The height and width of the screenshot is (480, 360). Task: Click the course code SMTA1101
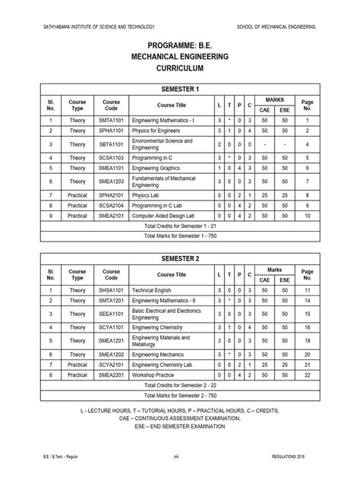point(112,120)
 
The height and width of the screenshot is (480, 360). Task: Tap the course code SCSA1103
point(112,157)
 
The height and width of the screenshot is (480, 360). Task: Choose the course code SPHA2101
point(112,194)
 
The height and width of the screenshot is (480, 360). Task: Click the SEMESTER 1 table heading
point(180,88)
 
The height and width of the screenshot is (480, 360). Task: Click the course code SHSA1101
point(112,290)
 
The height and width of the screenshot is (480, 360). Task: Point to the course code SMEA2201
point(112,375)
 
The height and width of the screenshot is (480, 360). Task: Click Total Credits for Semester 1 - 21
point(180,226)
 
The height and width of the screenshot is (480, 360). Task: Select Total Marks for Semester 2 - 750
point(180,396)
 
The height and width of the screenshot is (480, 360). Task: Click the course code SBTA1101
point(112,144)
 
